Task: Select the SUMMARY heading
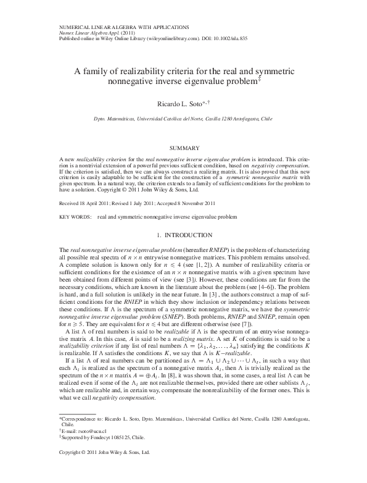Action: click(183, 149)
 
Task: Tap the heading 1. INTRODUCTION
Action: click(183, 235)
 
